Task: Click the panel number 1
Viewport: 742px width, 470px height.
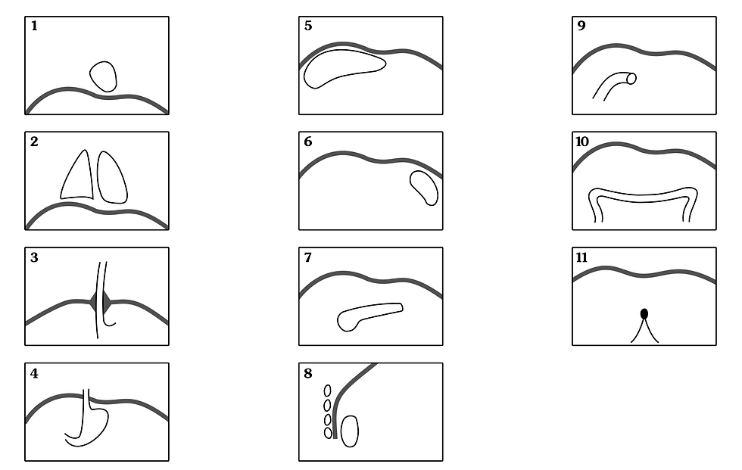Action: [35, 26]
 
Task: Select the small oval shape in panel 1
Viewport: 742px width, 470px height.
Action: [103, 76]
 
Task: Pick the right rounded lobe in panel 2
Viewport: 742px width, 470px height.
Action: [111, 179]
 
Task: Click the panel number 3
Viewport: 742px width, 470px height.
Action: [35, 258]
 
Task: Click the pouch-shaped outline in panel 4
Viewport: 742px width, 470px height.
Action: [92, 426]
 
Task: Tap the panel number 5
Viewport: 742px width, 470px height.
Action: [308, 26]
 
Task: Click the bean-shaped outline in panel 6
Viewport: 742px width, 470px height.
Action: [424, 187]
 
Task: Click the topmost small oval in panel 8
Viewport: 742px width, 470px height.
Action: [328, 391]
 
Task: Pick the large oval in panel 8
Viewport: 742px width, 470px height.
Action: [349, 431]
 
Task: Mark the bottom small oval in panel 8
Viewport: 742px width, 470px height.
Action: [328, 433]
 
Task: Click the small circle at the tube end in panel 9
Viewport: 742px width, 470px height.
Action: [631, 78]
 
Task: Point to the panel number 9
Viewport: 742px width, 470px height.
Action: [581, 26]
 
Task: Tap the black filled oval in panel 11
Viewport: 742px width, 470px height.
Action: [644, 313]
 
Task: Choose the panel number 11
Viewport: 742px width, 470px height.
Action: [581, 258]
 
